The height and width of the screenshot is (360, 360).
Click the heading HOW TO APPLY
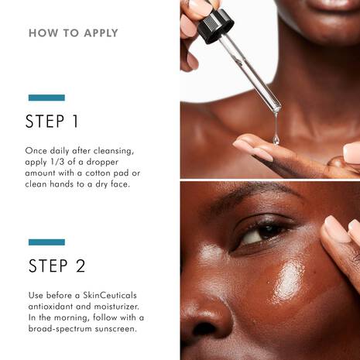[74, 33]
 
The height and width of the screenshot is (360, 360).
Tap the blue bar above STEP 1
[46, 98]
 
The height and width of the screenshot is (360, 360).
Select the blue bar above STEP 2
[46, 242]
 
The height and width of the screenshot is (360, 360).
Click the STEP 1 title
[52, 122]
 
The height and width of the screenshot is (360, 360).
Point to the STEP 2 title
[57, 266]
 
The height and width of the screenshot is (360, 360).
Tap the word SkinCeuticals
[110, 295]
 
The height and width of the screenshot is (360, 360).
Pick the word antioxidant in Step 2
[46, 307]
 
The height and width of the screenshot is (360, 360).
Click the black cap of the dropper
[215, 26]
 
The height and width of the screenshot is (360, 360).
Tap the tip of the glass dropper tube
[278, 109]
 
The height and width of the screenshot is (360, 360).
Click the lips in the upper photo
[333, 5]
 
